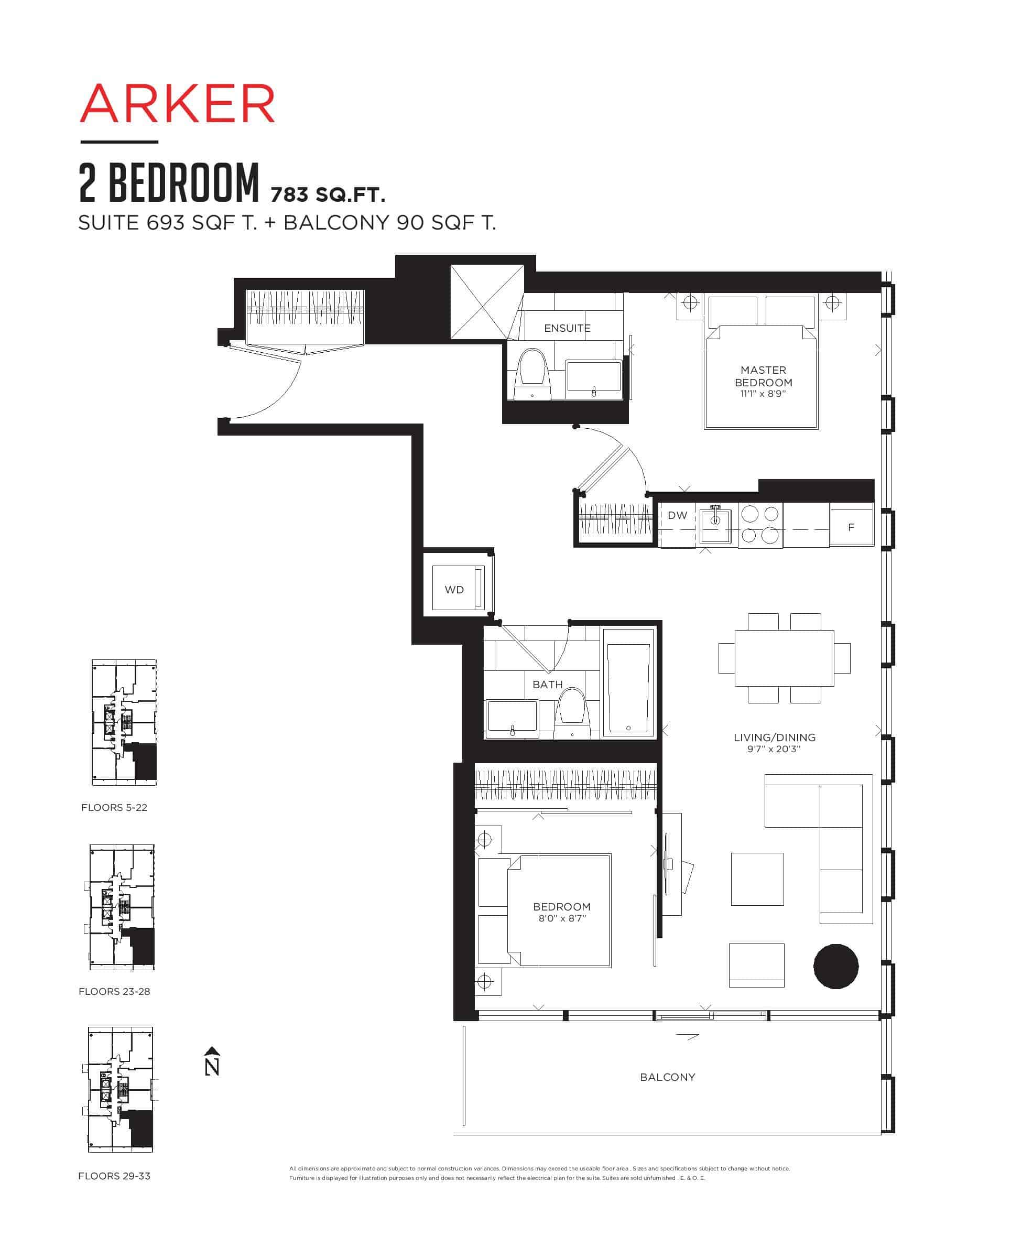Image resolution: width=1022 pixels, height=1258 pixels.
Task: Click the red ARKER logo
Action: point(177,104)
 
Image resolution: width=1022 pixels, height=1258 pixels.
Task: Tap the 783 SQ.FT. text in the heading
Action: point(328,193)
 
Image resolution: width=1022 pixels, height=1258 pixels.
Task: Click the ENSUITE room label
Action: point(567,328)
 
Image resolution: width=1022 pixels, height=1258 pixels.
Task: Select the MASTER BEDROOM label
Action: point(763,376)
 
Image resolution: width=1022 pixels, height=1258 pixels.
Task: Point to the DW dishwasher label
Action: point(678,515)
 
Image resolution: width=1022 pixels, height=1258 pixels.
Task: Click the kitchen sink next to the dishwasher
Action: point(715,526)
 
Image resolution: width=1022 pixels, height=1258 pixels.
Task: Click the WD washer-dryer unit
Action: point(458,588)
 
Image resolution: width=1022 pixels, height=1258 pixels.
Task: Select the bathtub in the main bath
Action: point(628,682)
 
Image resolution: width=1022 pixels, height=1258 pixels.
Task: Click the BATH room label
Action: point(548,685)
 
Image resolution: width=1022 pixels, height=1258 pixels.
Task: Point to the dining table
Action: point(784,658)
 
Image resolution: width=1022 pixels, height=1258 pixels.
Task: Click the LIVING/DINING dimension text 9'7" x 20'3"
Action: point(774,750)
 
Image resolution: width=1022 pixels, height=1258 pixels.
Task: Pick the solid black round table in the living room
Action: point(836,966)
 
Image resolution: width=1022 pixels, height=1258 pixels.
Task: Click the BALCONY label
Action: point(668,1077)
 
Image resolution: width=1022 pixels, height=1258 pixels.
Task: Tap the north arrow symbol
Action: point(212,1061)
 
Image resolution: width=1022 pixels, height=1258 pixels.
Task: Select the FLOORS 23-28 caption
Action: point(114,991)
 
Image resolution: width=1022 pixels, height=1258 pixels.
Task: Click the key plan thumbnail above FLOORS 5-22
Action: point(124,722)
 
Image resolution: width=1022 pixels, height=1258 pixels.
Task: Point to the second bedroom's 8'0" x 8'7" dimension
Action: point(562,918)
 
